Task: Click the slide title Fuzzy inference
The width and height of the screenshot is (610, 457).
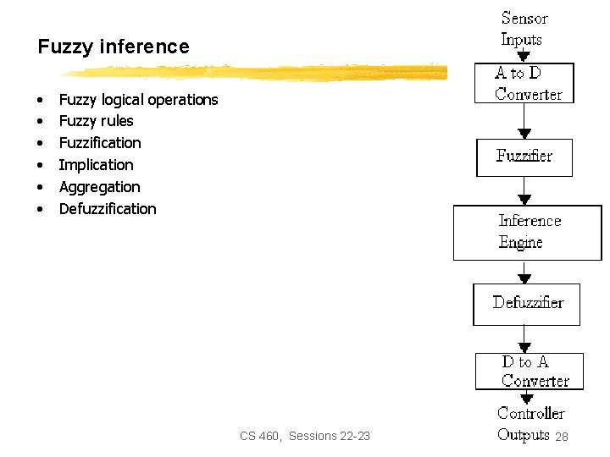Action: pyautogui.click(x=114, y=47)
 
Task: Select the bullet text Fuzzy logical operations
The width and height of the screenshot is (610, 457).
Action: pyautogui.click(x=138, y=100)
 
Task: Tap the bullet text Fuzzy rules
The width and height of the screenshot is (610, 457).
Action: pyautogui.click(x=96, y=121)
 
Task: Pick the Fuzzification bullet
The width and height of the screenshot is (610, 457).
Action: pyautogui.click(x=100, y=143)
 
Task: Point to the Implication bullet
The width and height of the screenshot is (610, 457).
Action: pyautogui.click(x=96, y=165)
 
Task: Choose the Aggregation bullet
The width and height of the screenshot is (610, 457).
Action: pyautogui.click(x=99, y=187)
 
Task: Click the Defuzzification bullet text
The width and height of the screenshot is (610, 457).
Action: pyautogui.click(x=108, y=209)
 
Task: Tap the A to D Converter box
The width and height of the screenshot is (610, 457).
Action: pyautogui.click(x=524, y=84)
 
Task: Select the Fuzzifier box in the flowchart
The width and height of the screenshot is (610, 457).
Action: pyautogui.click(x=524, y=157)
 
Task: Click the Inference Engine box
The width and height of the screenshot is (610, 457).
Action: pyautogui.click(x=527, y=232)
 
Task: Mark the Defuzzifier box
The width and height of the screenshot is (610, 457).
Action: pyautogui.click(x=526, y=304)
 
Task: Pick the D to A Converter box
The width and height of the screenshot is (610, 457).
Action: pyautogui.click(x=530, y=372)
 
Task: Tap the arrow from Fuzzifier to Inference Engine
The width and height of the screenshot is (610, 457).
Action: pyautogui.click(x=524, y=191)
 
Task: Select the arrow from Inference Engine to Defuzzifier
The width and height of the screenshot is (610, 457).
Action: pyautogui.click(x=524, y=273)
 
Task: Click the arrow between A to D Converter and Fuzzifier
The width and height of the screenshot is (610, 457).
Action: pyautogui.click(x=524, y=122)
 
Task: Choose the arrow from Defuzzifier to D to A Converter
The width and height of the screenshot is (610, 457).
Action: pyautogui.click(x=524, y=339)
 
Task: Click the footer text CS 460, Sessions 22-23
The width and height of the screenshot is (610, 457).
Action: pyautogui.click(x=305, y=437)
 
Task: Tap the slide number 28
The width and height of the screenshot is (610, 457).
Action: pyautogui.click(x=561, y=437)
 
